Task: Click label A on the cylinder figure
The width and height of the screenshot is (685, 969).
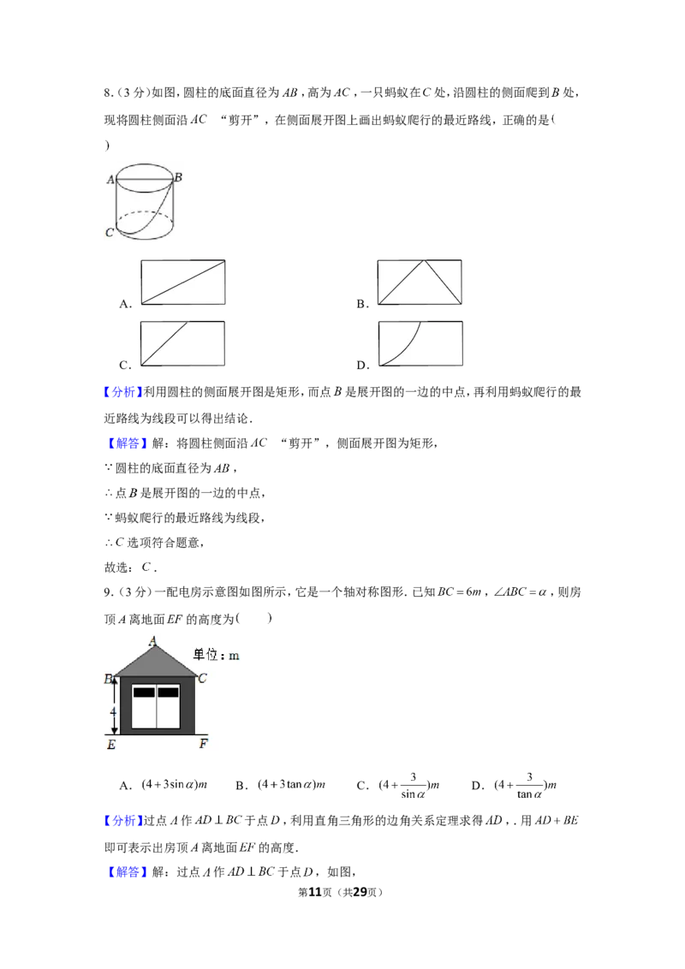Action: tap(110, 179)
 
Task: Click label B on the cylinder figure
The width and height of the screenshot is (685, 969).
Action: tap(178, 177)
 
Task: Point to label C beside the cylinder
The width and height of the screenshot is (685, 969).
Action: tap(110, 232)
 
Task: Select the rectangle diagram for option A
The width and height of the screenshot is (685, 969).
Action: tap(183, 282)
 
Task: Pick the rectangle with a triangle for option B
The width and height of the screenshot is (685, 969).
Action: tap(420, 282)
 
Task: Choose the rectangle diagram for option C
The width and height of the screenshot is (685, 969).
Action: tap(183, 343)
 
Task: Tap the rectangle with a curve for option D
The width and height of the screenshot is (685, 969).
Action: tap(420, 343)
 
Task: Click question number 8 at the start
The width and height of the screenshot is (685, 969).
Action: tap(108, 93)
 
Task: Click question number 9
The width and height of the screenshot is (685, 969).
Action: tap(108, 592)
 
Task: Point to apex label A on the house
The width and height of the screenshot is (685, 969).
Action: tap(152, 641)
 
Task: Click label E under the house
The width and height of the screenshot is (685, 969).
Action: tap(111, 745)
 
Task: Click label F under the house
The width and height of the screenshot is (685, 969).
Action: tap(204, 744)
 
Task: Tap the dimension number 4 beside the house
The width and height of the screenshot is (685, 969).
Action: tap(113, 712)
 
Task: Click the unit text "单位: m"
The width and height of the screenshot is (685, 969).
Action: tap(216, 655)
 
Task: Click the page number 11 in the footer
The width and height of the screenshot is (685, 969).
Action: tap(315, 892)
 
